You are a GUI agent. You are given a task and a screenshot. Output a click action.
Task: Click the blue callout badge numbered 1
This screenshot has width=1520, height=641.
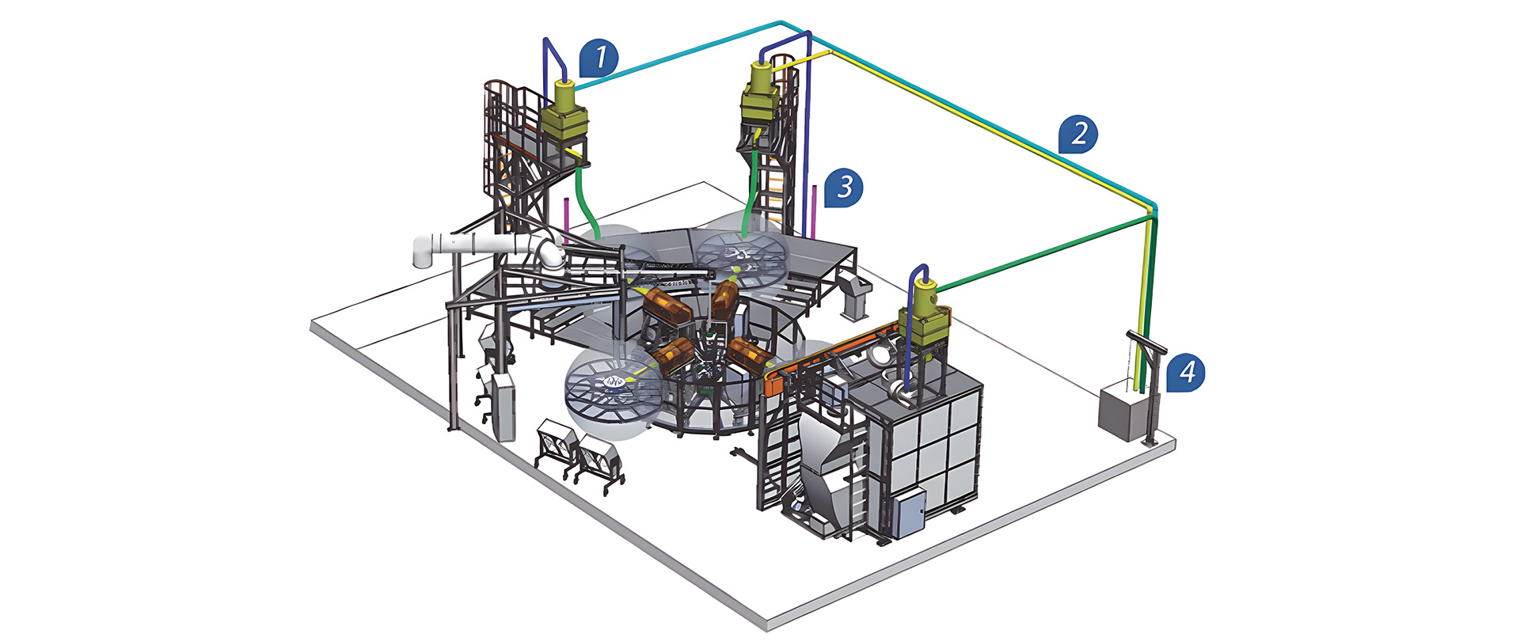point(599,58)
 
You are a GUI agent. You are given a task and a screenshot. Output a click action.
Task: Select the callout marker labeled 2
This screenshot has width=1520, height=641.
point(1079,134)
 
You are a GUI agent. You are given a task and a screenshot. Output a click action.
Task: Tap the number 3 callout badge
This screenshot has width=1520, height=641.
point(844,188)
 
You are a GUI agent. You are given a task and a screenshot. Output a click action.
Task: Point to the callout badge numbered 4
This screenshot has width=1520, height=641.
point(1186,372)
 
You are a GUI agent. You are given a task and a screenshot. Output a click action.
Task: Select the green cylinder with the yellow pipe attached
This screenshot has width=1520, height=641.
point(761,79)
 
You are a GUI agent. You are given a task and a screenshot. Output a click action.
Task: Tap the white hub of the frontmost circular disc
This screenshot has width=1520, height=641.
point(614,382)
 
